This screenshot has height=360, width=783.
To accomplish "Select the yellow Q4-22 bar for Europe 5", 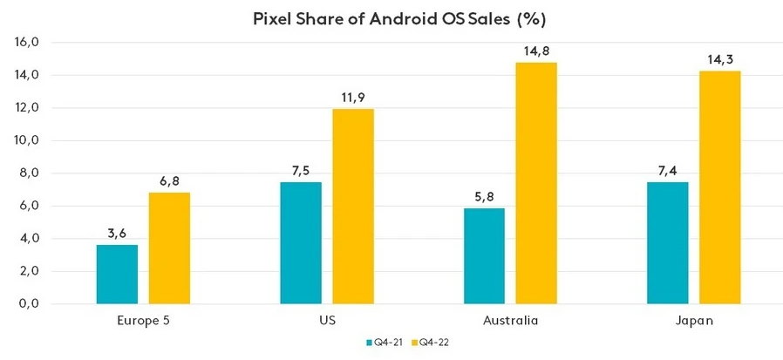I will (x=169, y=248).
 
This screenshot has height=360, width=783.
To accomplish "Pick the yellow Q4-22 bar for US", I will (x=353, y=206).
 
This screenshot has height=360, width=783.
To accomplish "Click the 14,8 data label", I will (x=536, y=51).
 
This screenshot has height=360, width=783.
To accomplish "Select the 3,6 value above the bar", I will (x=117, y=234).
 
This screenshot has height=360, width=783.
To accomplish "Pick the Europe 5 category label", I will (x=142, y=320).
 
